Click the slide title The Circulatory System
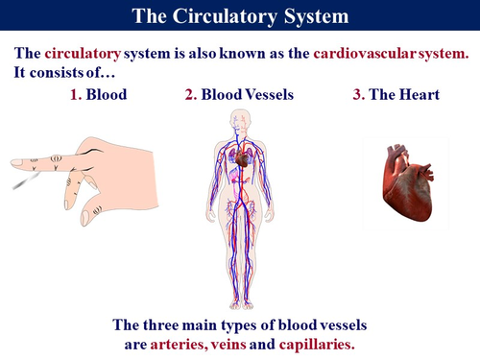[240, 16]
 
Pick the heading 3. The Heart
[396, 97]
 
